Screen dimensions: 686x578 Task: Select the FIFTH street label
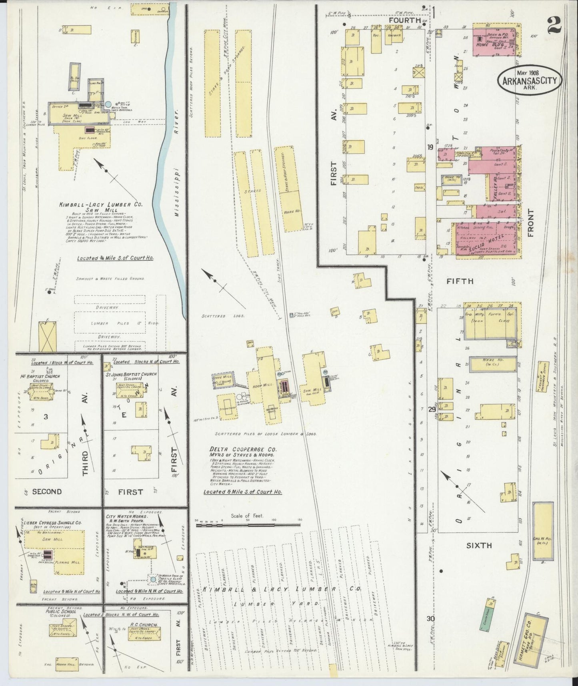coord(460,281)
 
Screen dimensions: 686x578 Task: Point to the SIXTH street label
coord(479,545)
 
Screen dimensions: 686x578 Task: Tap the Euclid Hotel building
coord(486,240)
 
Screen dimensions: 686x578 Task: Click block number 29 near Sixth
coord(431,409)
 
